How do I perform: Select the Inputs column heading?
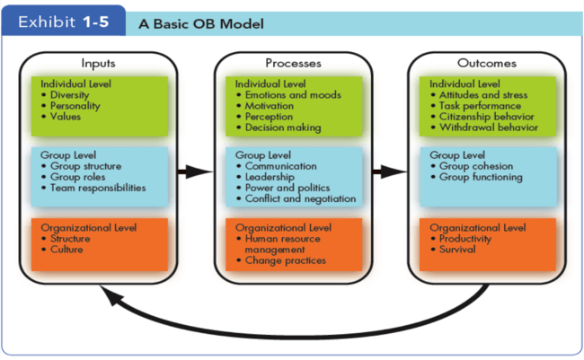pos(99,64)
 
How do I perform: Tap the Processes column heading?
pos(293,64)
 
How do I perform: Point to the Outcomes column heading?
pos(487,64)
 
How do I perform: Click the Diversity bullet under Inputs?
pos(70,94)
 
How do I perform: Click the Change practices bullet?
pos(285,260)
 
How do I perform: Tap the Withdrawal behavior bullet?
pos(489,128)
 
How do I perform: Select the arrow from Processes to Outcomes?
pos(383,171)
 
